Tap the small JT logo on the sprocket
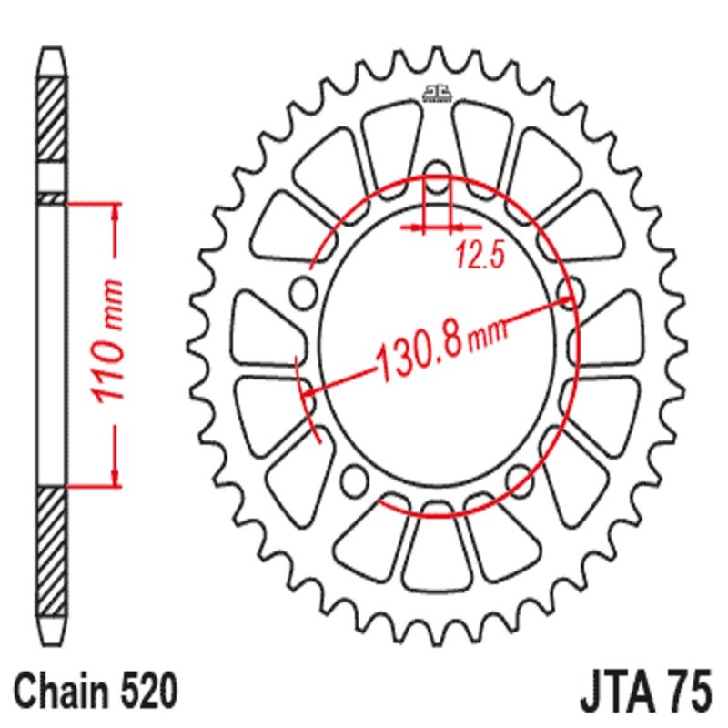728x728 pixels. click(437, 93)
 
